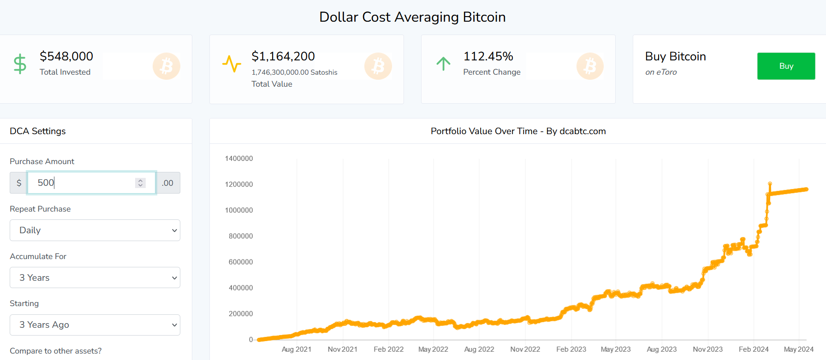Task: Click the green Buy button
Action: click(x=786, y=66)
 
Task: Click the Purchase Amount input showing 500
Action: click(x=91, y=183)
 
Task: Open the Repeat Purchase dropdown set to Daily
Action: click(x=95, y=230)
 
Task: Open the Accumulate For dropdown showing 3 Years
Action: click(x=95, y=277)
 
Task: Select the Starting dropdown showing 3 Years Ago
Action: click(x=95, y=325)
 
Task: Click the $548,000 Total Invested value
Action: click(x=66, y=56)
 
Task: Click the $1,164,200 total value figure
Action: click(x=283, y=56)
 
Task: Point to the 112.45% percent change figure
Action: click(x=488, y=56)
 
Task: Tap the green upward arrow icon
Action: click(x=443, y=64)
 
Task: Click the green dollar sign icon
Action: click(x=20, y=64)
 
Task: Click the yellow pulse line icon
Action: click(x=232, y=64)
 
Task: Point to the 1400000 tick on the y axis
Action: click(x=239, y=159)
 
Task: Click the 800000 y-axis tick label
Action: click(x=241, y=236)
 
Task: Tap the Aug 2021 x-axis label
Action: click(x=297, y=349)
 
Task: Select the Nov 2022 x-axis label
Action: click(x=525, y=349)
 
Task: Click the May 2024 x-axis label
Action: click(x=799, y=349)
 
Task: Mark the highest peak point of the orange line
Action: click(x=770, y=183)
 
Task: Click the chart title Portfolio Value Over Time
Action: click(x=484, y=131)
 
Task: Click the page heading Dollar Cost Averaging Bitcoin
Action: click(x=412, y=17)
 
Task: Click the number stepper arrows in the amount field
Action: click(x=140, y=183)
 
